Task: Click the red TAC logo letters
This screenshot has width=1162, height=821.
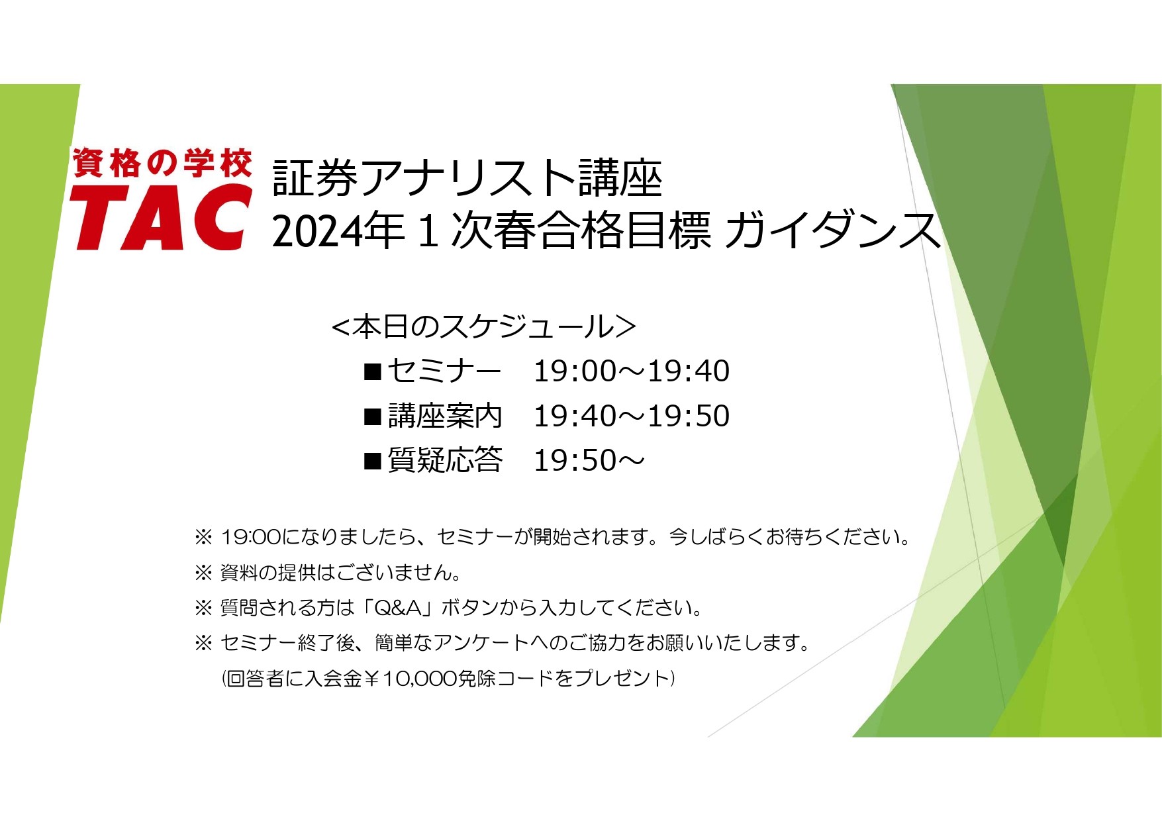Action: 161,217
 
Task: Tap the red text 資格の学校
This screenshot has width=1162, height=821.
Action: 162,163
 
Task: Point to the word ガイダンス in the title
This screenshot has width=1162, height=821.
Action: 832,230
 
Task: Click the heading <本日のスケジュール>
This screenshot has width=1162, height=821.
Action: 483,326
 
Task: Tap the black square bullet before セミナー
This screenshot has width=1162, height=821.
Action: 373,371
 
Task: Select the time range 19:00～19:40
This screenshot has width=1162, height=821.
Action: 632,371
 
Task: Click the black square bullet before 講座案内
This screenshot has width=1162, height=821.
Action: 373,416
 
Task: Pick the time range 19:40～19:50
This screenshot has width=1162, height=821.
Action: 632,416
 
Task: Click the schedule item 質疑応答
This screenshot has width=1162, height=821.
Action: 445,460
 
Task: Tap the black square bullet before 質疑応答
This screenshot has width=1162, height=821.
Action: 373,461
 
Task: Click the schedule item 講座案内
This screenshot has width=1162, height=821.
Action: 445,416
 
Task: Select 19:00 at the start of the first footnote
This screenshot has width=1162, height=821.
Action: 251,537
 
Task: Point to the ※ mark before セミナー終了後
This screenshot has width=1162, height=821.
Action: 203,643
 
